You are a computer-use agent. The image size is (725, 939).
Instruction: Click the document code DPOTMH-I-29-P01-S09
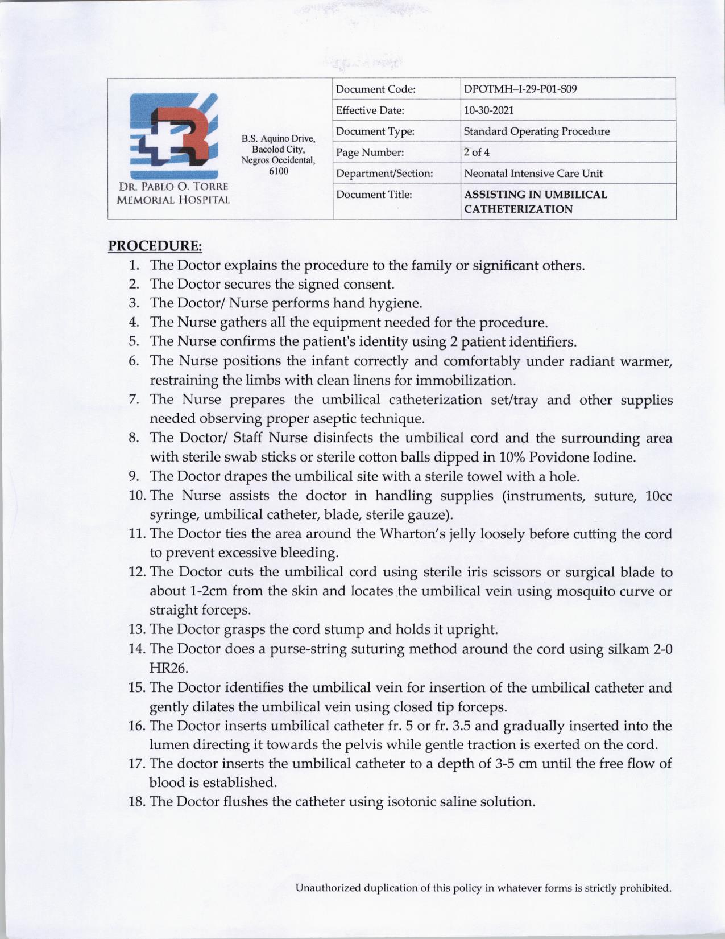pos(521,89)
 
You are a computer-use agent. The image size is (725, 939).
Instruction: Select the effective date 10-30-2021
pos(489,110)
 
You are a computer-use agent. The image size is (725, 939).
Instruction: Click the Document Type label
pos(375,131)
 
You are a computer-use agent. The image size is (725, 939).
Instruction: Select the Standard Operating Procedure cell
pos(536,131)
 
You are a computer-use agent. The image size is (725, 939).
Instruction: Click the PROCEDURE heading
pos(155,246)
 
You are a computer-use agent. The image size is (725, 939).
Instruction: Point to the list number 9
pos(134,476)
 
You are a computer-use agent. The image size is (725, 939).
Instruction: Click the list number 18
pos(138,802)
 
